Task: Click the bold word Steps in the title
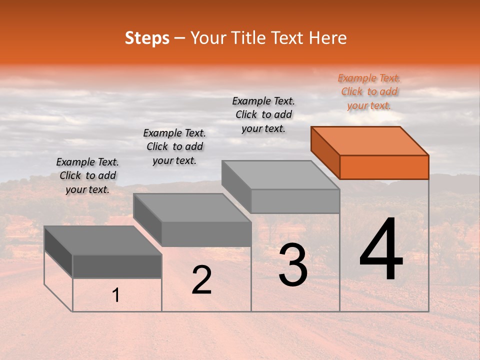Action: coord(147,38)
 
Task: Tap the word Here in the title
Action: coord(327,38)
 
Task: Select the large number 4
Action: coord(381,250)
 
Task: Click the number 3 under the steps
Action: coord(293,265)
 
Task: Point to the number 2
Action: coord(201,280)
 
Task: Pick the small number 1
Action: coord(115,295)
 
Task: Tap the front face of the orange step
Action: coord(384,167)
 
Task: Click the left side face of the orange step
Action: coord(325,152)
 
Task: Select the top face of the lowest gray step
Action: coord(102,240)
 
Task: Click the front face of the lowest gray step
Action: coord(117,266)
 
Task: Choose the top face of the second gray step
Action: coord(192,207)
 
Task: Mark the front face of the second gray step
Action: coord(206,234)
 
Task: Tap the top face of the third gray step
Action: coord(280,174)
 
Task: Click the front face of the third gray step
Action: coord(295,201)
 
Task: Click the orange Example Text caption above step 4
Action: coord(369,91)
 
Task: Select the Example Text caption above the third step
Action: coord(263,114)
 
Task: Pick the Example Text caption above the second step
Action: coord(174,146)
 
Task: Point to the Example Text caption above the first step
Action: coord(87,175)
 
